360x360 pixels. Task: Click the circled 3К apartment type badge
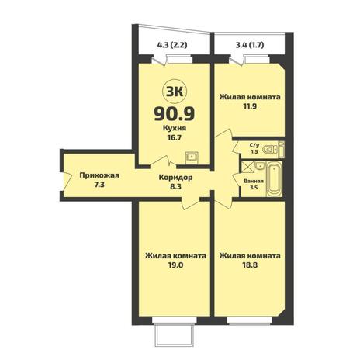(175, 92)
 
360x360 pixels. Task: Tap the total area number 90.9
(175, 114)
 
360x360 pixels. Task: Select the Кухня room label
(175, 128)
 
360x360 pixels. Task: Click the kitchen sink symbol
(192, 157)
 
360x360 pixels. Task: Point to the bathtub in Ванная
(274, 179)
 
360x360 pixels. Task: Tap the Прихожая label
(99, 176)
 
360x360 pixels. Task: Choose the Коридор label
(175, 178)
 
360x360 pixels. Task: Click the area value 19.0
(175, 265)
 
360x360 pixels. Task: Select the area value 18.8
(250, 265)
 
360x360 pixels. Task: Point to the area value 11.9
(250, 106)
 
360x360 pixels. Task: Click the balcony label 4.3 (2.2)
(172, 45)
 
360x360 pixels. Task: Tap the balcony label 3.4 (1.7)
(250, 45)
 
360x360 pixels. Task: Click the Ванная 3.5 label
(254, 184)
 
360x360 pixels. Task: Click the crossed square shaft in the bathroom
(247, 167)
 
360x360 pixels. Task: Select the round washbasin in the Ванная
(259, 166)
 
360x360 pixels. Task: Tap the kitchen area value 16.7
(175, 137)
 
